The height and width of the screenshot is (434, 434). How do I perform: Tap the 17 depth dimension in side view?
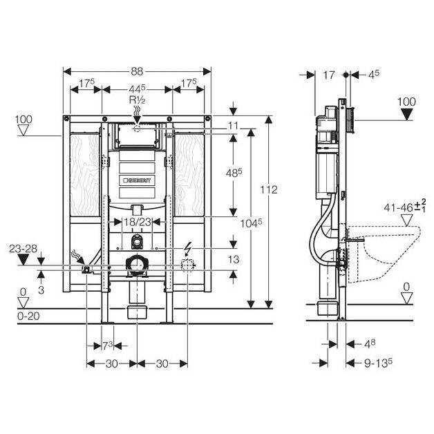click(329, 73)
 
